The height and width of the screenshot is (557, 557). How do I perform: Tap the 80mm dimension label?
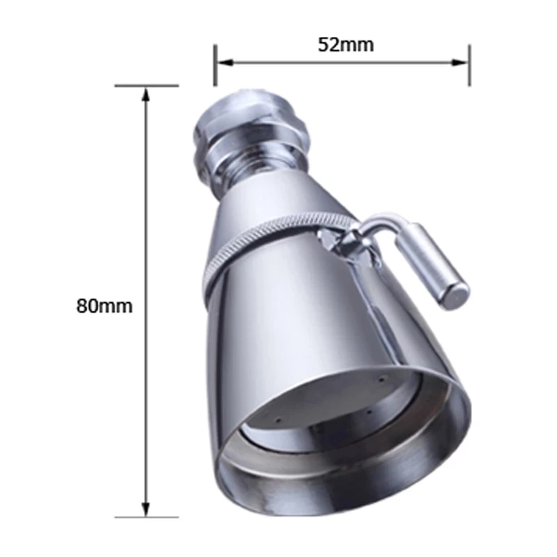tap(104, 305)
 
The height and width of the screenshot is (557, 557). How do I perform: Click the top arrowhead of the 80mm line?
tap(146, 93)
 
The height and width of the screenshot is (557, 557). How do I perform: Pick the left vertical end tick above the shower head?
tap(215, 65)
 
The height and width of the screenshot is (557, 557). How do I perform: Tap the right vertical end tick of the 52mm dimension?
tap(469, 65)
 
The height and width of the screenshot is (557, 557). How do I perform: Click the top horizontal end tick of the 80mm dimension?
tap(146, 86)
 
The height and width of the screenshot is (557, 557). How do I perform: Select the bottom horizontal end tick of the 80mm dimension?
tap(146, 517)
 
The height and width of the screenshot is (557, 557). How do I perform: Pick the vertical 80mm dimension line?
tap(146, 209)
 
